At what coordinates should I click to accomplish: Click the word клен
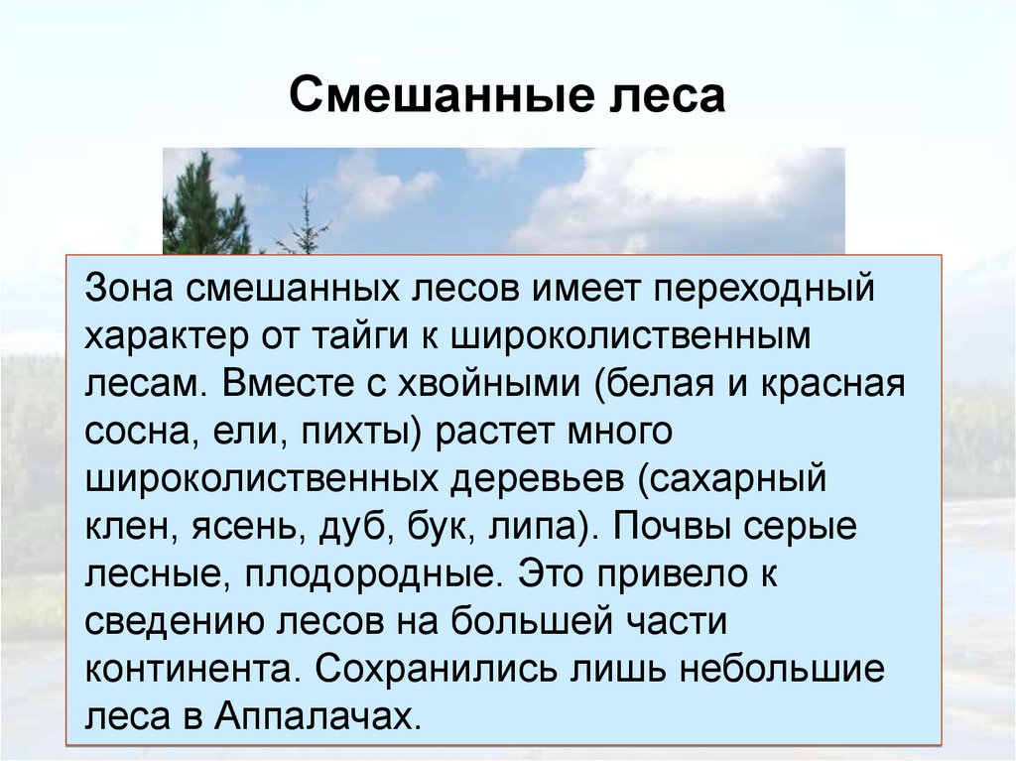[x=127, y=526]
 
